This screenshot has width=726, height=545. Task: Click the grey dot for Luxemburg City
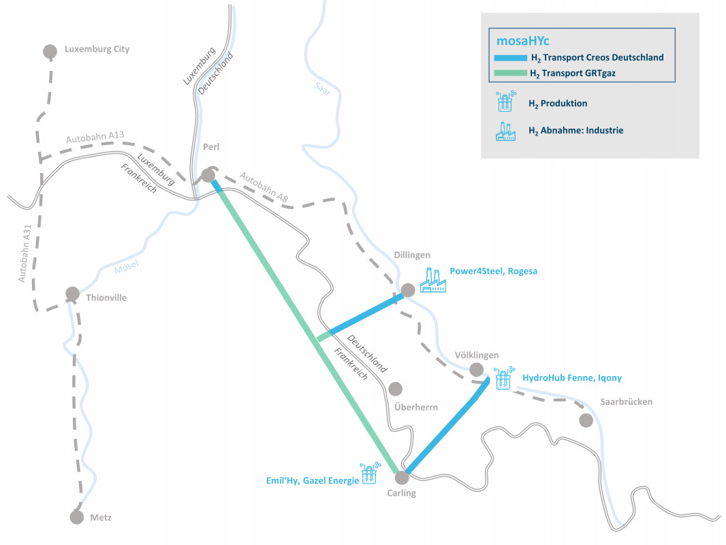point(50,51)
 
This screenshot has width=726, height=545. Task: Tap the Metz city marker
point(77,517)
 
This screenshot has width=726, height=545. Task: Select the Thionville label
point(106,298)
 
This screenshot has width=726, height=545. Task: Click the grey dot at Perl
point(208,176)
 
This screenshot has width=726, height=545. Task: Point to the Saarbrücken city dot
point(586,420)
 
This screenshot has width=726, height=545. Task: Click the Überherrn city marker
point(395,389)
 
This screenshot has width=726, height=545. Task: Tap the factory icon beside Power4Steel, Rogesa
point(432,280)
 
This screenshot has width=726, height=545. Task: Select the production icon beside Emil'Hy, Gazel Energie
point(369,474)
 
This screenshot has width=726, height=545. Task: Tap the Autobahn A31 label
point(25,255)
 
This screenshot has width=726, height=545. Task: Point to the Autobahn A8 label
point(264,187)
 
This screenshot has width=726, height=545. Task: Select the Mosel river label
point(127,268)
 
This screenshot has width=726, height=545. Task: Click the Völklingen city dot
point(477,370)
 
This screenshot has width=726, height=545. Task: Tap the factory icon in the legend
point(505,131)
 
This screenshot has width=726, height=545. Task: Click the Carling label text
point(400,493)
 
